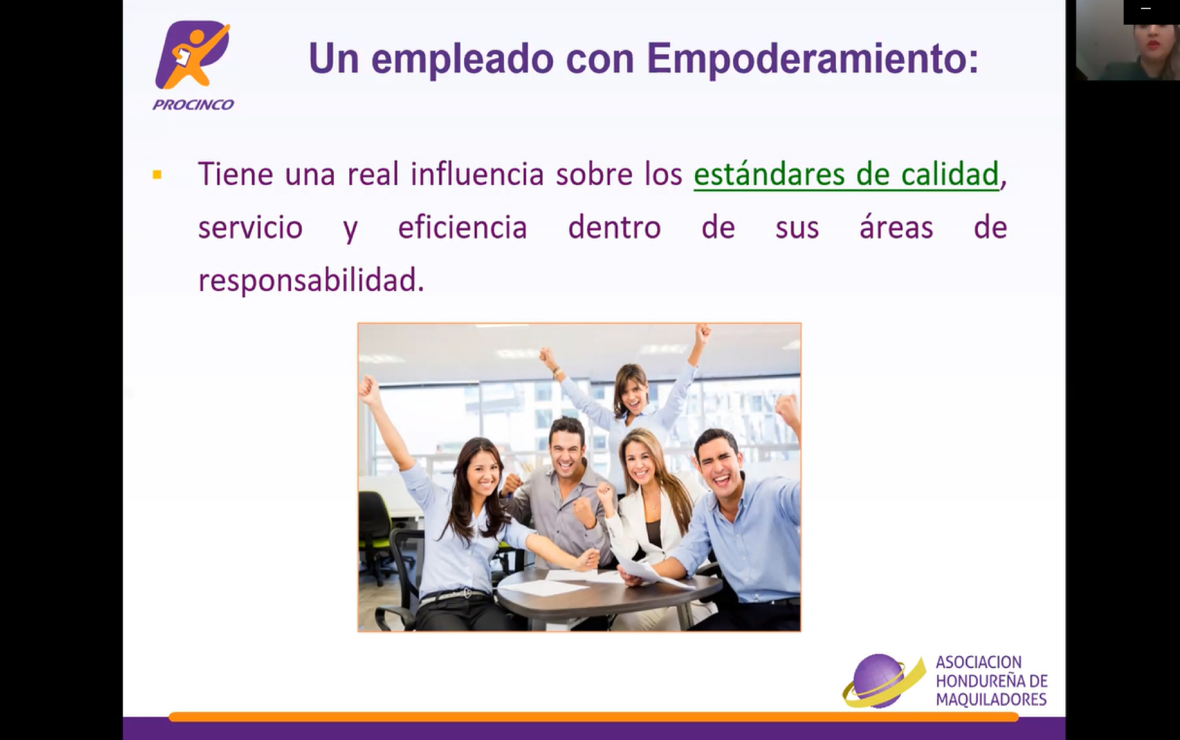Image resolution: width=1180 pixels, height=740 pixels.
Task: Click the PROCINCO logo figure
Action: click(x=193, y=55)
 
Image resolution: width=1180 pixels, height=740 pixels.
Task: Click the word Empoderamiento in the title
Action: click(x=813, y=58)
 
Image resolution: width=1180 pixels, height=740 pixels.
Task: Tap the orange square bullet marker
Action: click(x=157, y=175)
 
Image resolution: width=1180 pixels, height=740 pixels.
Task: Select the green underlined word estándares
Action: click(x=768, y=174)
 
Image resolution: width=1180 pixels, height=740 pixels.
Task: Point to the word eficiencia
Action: click(x=462, y=227)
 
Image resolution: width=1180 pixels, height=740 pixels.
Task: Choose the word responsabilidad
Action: click(x=311, y=280)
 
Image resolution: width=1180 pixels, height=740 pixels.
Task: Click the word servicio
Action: click(x=250, y=227)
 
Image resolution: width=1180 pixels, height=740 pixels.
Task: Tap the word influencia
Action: click(x=477, y=174)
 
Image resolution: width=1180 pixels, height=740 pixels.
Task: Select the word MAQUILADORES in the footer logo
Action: click(x=991, y=700)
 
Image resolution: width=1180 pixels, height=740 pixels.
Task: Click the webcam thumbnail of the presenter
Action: click(x=1128, y=40)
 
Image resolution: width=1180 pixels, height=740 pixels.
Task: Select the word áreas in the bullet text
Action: click(x=896, y=227)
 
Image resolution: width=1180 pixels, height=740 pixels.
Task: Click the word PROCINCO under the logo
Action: click(x=193, y=105)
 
